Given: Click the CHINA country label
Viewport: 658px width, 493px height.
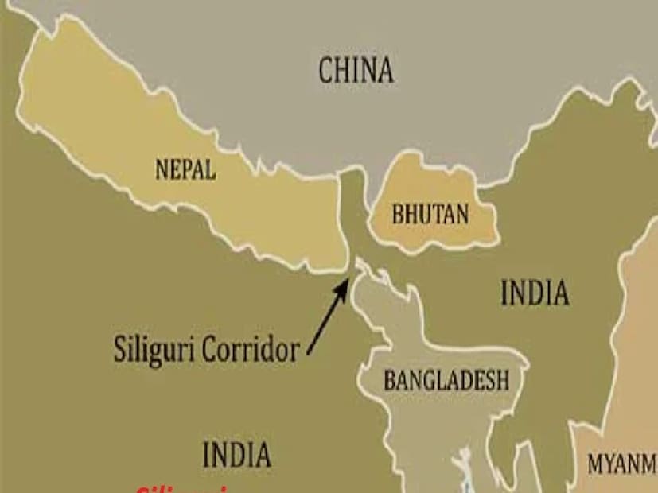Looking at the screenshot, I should (x=356, y=70).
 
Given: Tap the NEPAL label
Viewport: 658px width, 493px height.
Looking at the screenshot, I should (x=185, y=169).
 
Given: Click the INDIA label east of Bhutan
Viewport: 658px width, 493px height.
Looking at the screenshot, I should (x=535, y=293).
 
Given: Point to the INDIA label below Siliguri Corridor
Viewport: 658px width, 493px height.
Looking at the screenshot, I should (x=236, y=455).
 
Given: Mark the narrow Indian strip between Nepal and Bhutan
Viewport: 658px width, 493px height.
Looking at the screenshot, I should (x=351, y=215).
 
